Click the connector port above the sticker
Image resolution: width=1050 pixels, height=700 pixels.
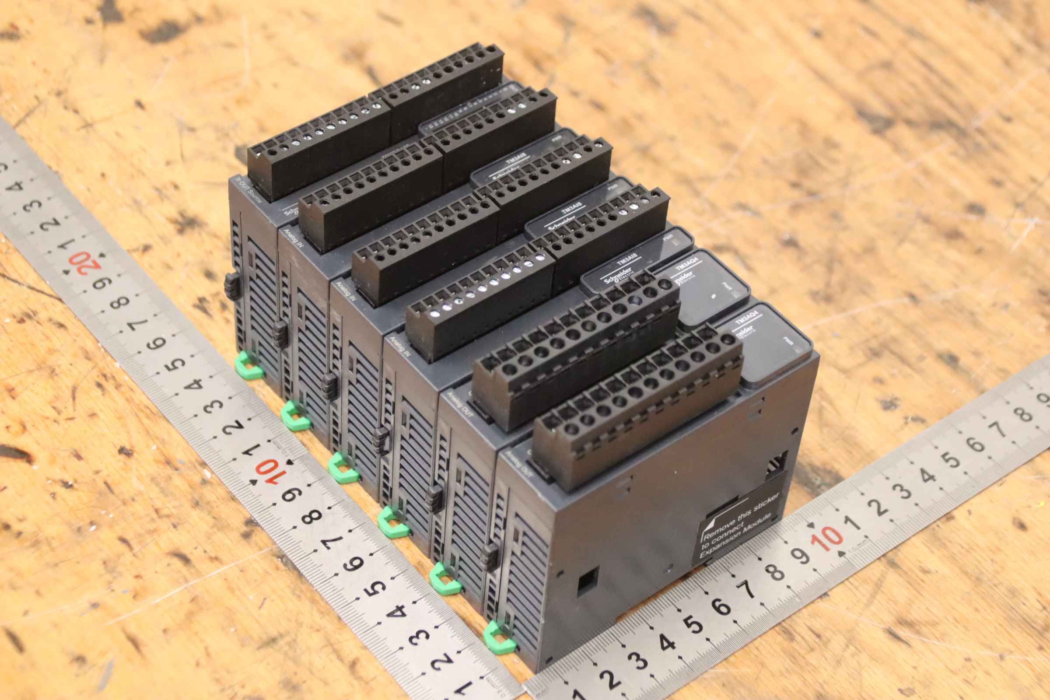coord(778,464)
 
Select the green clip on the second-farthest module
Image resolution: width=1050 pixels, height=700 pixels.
coord(294,415)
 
